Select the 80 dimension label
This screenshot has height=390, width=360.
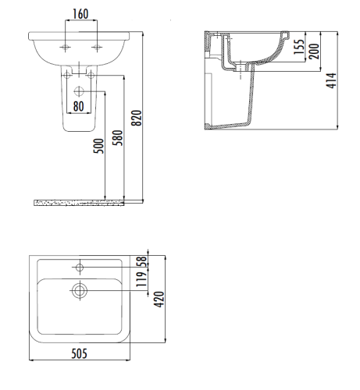click(x=78, y=105)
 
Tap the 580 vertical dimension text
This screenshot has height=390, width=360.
click(x=119, y=140)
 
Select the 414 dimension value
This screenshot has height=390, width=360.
click(x=333, y=80)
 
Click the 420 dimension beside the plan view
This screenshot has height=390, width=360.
click(x=161, y=298)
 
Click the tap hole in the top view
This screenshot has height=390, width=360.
click(x=79, y=268)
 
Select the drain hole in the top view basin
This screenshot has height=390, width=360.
click(x=79, y=291)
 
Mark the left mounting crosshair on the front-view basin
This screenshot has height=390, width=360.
click(x=66, y=48)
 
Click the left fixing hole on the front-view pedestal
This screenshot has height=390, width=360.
click(x=68, y=75)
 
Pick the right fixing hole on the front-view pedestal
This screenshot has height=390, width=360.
click(x=91, y=75)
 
